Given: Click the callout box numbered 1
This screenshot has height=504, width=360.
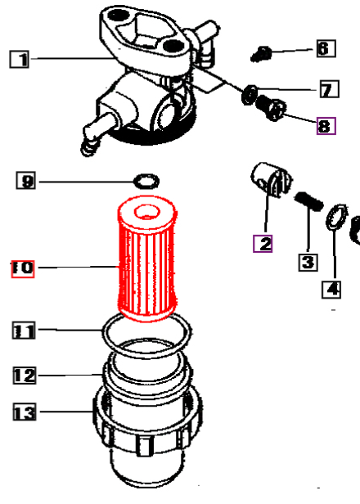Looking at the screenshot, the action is coord(20,60).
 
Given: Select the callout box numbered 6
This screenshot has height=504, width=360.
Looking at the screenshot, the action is coord(326,48).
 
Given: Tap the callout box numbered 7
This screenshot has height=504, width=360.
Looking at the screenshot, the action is coord(330,89).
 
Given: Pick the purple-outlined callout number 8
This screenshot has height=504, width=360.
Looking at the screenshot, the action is coord(326,126).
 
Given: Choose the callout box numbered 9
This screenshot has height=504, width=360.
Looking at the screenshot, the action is coord(25,181).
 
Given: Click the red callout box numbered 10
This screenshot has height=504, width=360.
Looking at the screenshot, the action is coord(23,268).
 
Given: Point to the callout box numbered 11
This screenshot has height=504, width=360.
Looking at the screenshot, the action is coord(24,331).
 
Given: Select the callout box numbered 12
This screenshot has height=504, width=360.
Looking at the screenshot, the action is coord(25,375).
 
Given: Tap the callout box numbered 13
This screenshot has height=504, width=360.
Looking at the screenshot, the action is coord(25,412).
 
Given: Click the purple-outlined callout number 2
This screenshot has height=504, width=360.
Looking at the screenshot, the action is coord(263,244).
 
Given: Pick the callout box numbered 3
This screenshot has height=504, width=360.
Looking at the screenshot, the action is coord(308,263).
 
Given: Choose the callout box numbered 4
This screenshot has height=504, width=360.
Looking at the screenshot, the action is coord(331,290).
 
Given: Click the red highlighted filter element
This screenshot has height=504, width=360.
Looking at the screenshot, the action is coord(147,259).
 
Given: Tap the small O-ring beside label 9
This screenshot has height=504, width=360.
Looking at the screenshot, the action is coord(146,182).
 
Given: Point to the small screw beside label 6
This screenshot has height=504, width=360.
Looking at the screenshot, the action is coord(261,54).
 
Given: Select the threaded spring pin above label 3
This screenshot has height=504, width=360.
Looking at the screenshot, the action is coord(309,201).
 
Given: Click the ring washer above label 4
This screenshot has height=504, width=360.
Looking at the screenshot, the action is coord(336,218).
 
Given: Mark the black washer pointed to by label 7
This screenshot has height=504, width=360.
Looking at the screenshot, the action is coord(250,95).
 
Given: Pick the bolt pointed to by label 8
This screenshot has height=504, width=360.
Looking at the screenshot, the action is coord(272,108).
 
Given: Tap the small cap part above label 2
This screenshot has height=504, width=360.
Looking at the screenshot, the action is coord(271,179).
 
